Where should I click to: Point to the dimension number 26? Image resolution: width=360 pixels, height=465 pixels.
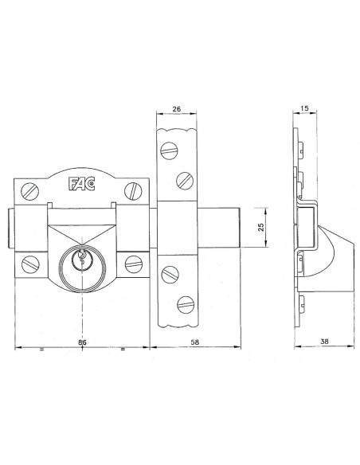tap(175, 111)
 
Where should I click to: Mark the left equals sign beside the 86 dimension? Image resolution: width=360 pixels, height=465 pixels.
tap(41, 349)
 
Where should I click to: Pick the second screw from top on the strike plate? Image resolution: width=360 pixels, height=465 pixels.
tap(183, 178)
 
